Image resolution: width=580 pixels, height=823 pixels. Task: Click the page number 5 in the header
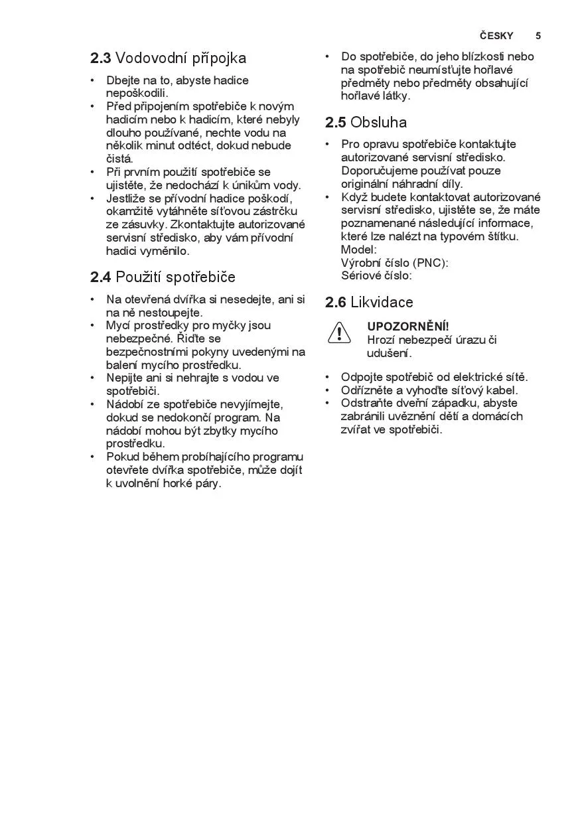(538, 36)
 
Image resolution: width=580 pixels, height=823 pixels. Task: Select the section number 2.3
(100, 58)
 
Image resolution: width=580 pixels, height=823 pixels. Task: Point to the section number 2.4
(100, 277)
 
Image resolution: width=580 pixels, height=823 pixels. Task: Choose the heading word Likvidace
(382, 303)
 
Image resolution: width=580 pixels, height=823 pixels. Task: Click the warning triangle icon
(338, 332)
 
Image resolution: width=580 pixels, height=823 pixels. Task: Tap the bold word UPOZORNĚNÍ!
(408, 327)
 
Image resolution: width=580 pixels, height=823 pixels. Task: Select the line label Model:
(358, 250)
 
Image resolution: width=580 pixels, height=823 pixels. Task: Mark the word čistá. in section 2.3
(119, 159)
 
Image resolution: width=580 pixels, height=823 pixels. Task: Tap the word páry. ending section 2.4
(206, 483)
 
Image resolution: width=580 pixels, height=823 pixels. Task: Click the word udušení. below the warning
(389, 353)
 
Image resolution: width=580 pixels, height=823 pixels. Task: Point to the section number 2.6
(335, 303)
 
